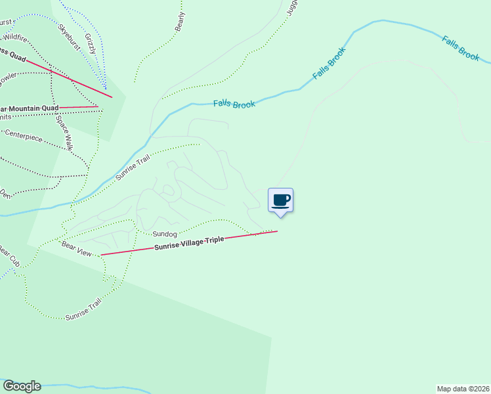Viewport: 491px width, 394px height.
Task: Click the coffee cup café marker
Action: pyautogui.click(x=280, y=200)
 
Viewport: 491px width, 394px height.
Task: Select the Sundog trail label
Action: pyautogui.click(x=165, y=234)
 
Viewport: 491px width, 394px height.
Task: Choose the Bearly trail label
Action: pyautogui.click(x=180, y=22)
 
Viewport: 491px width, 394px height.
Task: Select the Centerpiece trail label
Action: pyautogui.click(x=23, y=138)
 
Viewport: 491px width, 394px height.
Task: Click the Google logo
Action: pyautogui.click(x=22, y=386)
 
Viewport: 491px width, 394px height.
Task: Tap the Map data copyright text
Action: pyautogui.click(x=463, y=388)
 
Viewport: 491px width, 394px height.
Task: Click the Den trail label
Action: pyautogui.click(x=5, y=194)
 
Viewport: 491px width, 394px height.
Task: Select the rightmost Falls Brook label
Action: pyautogui.click(x=461, y=49)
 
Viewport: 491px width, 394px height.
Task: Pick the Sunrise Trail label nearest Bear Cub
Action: pyautogui.click(x=83, y=309)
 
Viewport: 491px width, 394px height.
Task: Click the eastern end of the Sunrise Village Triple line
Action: pyautogui.click(x=277, y=230)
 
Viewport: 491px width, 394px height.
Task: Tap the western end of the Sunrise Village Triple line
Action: pyautogui.click(x=100, y=255)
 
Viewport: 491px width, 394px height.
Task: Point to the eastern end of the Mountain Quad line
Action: pyautogui.click(x=98, y=106)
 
